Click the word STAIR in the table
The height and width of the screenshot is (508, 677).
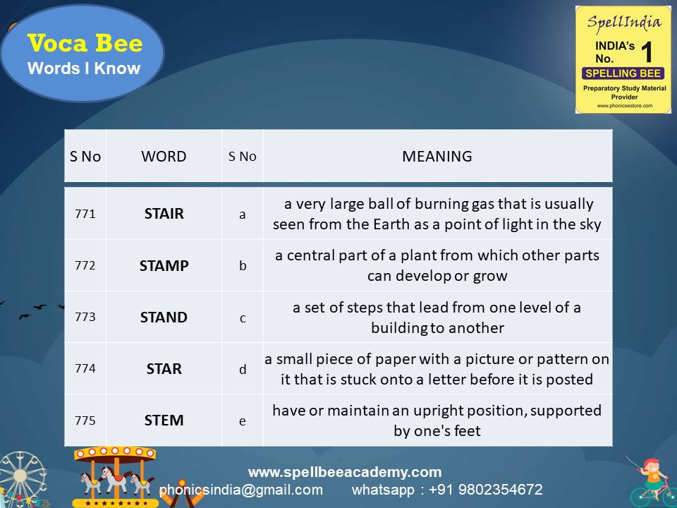164,214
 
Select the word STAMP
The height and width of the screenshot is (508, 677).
164,265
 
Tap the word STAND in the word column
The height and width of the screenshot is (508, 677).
164,317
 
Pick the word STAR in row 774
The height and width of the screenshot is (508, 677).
164,368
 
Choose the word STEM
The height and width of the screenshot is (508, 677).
164,420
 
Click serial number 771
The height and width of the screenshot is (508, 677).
85,214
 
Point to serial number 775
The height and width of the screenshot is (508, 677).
85,420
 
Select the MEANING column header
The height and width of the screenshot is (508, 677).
437,157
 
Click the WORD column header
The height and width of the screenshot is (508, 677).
164,157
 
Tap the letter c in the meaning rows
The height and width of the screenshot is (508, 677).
243,317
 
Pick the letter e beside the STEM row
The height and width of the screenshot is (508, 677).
243,421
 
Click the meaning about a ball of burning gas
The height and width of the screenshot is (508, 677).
437,214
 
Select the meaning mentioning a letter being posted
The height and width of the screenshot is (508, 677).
437,369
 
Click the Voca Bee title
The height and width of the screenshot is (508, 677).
85,44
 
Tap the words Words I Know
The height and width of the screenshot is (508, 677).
84,68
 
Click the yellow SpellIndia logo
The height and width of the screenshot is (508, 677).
623,59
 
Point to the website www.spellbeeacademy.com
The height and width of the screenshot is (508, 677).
344,472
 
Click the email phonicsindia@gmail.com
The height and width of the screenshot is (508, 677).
241,489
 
